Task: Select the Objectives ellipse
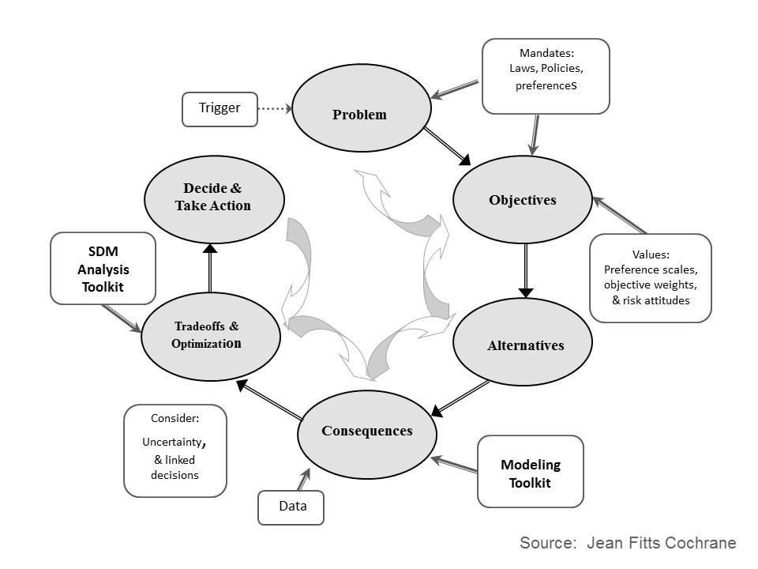point(522,200)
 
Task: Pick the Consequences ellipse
point(366,431)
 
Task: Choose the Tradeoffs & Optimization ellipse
point(211,335)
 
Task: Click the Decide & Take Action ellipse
point(214,198)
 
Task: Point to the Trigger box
point(220,109)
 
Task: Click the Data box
point(291,507)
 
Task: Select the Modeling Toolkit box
point(530,472)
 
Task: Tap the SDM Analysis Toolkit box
point(103,268)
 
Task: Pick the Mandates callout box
point(546,76)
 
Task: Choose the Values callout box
point(650,277)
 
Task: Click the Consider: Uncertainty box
point(174,450)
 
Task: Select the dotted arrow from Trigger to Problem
point(276,109)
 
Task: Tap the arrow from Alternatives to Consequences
point(461,397)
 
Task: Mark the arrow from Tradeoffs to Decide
point(210,269)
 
